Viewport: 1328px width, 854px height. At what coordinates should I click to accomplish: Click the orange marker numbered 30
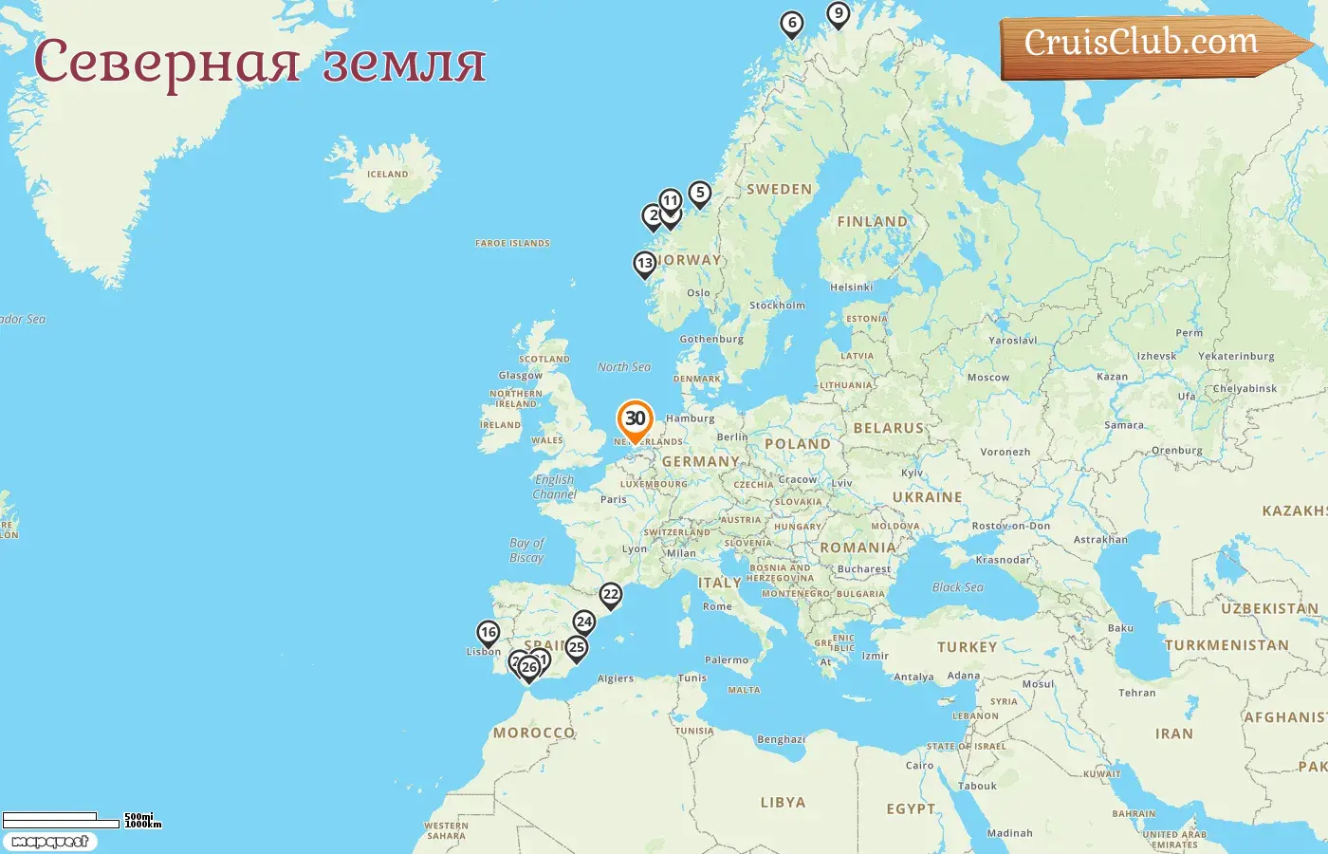[635, 419]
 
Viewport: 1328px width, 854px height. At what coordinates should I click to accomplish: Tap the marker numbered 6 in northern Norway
[792, 24]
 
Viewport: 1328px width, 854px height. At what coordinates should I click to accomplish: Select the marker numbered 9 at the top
[838, 14]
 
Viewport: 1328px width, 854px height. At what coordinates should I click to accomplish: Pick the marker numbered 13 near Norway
[645, 264]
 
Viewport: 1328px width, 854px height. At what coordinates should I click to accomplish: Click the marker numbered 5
[699, 194]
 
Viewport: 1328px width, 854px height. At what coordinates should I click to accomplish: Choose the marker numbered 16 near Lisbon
[488, 633]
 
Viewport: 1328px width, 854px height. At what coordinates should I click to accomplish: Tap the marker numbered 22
[611, 595]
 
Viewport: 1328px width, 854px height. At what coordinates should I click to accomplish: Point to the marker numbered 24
[584, 622]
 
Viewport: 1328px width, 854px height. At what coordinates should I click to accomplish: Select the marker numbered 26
[529, 667]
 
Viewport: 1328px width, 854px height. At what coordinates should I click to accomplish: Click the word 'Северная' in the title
[167, 63]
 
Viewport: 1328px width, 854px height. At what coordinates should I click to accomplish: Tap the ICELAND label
[387, 175]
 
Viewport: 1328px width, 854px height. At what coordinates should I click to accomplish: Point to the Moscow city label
[988, 378]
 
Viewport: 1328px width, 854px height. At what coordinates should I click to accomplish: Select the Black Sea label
[957, 587]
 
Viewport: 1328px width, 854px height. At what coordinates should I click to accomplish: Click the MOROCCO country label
[534, 733]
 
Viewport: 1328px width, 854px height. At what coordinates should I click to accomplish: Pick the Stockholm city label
[777, 306]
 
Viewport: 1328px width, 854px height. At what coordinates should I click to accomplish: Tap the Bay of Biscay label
[526, 550]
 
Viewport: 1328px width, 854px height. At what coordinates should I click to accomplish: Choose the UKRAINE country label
[927, 497]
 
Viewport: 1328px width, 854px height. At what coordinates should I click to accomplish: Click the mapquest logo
[49, 842]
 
